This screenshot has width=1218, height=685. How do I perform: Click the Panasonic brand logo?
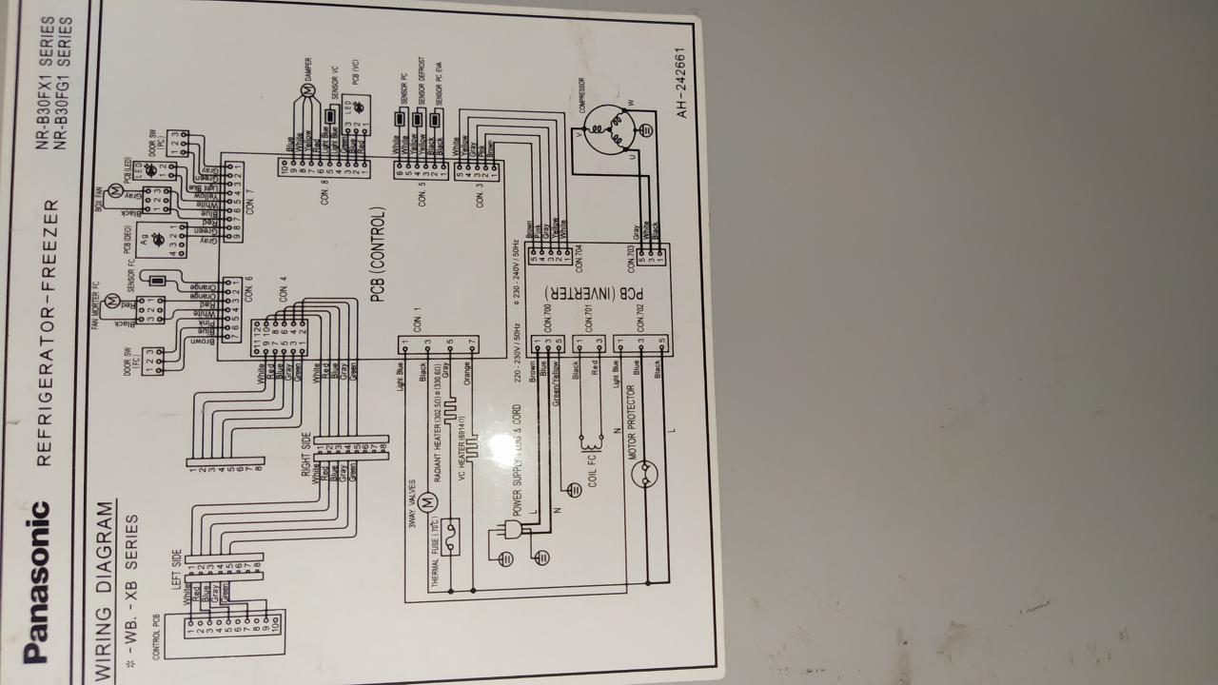click(x=36, y=581)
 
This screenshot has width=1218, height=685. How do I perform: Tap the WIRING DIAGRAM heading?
click(x=106, y=592)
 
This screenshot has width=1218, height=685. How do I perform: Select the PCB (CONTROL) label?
click(x=378, y=255)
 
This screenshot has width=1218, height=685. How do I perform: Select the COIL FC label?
click(x=592, y=473)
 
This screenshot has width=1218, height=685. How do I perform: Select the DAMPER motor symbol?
click(x=306, y=90)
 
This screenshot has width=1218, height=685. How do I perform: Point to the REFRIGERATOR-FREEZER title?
click(x=46, y=333)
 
